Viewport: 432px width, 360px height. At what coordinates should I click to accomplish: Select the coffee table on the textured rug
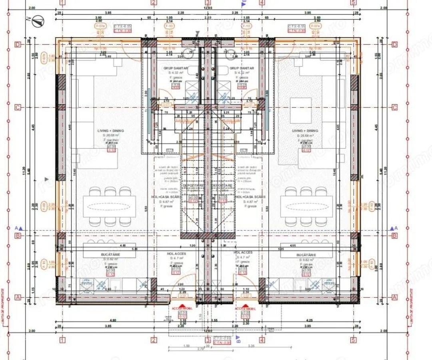pos(301,110)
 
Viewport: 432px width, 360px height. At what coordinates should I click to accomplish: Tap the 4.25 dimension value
pos(308,320)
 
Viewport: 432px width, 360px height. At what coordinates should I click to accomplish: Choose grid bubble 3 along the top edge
pos(208,2)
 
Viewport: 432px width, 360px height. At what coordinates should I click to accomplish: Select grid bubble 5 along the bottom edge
pos(353,340)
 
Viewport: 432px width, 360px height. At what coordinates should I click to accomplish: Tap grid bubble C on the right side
pos(395,107)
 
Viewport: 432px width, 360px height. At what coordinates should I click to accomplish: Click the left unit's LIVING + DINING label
pos(111,131)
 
